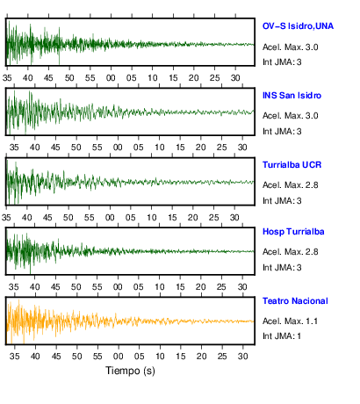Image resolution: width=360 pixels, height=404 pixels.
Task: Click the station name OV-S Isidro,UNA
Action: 298,26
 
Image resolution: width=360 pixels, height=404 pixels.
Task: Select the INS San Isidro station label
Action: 292,96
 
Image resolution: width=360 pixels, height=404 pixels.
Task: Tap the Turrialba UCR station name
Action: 292,165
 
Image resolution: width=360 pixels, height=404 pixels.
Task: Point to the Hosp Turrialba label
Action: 293,232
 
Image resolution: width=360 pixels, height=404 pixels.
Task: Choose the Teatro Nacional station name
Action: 295,301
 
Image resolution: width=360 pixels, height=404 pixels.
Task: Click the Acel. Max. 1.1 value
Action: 290,321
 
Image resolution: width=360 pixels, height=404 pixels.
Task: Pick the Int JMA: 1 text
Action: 282,336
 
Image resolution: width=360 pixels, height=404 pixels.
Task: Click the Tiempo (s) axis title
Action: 130,371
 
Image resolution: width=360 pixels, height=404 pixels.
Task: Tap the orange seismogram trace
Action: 130,321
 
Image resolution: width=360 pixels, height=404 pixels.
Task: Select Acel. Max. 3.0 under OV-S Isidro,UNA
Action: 290,47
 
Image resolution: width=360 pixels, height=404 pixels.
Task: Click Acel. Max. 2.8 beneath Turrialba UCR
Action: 290,185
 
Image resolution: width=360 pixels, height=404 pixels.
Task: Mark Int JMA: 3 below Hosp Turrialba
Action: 282,268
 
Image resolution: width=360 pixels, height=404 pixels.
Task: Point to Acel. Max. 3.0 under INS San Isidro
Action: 290,116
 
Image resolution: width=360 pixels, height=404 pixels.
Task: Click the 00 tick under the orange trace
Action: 118,357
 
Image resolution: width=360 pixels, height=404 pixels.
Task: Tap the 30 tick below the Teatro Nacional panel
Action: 242,357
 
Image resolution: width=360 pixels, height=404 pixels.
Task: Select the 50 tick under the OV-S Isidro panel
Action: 69,78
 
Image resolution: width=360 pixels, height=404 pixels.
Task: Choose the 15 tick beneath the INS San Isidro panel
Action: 180,148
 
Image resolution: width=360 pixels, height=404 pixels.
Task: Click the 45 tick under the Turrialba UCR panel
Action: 47,218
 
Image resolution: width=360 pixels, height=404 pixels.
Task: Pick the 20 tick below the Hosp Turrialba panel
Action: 201,287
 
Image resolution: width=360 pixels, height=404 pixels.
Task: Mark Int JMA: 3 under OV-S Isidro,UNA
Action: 282,62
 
